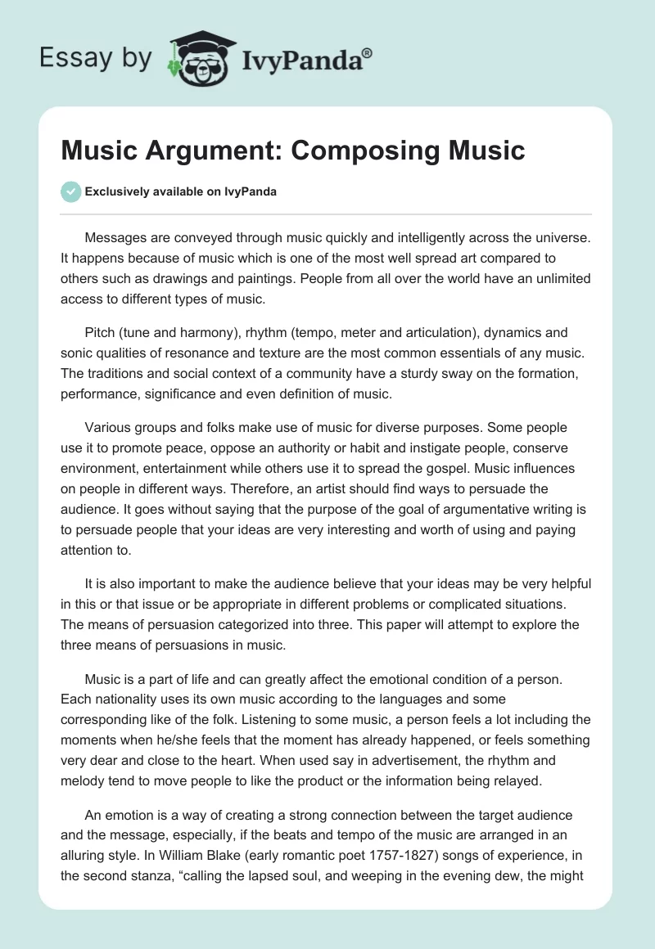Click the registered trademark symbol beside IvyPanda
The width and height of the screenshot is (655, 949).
[x=368, y=54]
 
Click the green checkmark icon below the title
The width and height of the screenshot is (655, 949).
[x=71, y=191]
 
